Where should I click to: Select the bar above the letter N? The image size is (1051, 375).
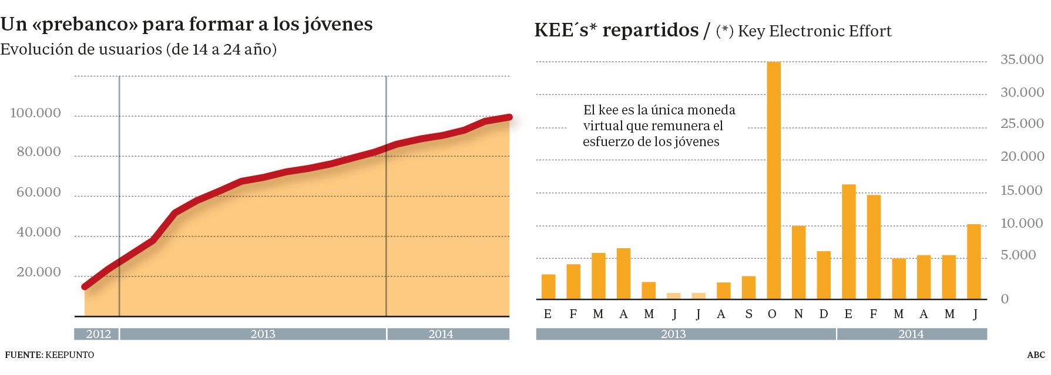(798, 262)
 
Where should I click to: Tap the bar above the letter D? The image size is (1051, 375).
(824, 275)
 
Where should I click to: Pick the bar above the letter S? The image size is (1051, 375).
(748, 288)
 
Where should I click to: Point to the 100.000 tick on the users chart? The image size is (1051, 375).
(35, 113)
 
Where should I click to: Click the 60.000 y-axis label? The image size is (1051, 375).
(38, 192)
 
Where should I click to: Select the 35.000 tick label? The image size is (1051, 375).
(1022, 59)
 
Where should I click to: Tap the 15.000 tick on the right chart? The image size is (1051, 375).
(1022, 190)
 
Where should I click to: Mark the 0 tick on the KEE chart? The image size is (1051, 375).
(1005, 299)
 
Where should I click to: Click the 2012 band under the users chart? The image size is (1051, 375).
(98, 334)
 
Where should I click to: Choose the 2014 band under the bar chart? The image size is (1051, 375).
(911, 334)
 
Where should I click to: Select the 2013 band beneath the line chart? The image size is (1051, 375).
(262, 334)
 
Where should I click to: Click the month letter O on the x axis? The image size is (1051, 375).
(772, 314)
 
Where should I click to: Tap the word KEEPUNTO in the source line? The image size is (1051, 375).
(69, 355)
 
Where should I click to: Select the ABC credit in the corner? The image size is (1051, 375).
(1036, 355)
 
